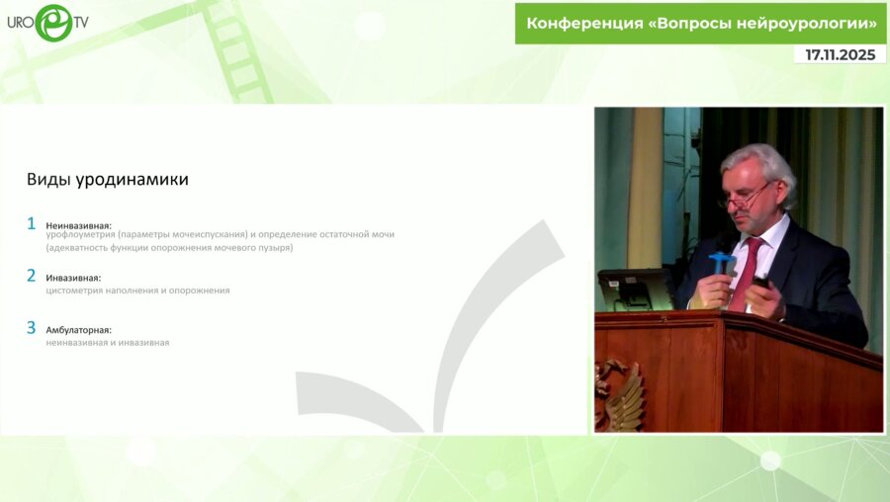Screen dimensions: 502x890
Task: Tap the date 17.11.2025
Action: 840,55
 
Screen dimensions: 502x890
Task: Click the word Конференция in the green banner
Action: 583,23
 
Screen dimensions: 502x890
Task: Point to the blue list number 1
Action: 32,224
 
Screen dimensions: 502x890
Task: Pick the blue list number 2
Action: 32,276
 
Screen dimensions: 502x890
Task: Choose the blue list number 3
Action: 32,327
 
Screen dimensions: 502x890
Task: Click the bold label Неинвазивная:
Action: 79,225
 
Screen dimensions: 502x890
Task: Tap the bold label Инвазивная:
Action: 73,278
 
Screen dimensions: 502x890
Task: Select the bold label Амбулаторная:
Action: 78,330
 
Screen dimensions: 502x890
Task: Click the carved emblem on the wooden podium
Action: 619,395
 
